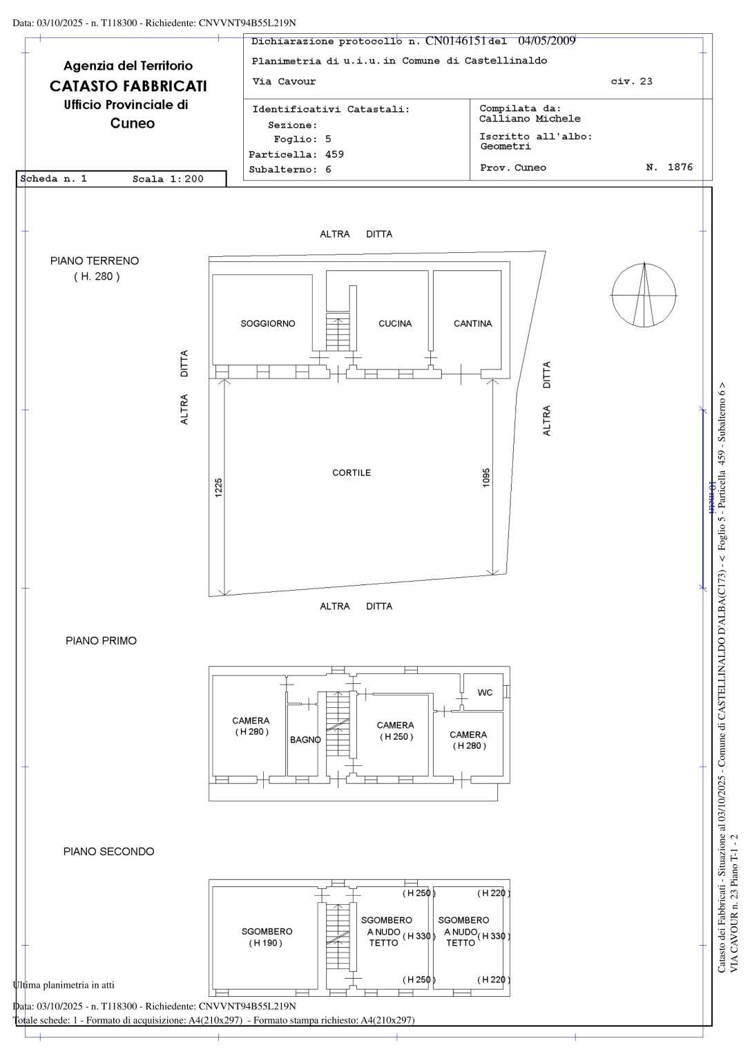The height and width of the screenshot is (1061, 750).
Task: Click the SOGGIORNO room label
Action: (267, 323)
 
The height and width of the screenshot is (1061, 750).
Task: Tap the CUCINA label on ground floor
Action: (394, 323)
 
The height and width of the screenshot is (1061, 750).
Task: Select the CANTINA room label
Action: (472, 323)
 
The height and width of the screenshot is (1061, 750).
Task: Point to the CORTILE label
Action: (352, 473)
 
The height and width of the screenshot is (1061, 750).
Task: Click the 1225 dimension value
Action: (219, 488)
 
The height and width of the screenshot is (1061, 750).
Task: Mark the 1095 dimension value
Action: (486, 478)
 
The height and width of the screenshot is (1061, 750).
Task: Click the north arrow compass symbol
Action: (644, 295)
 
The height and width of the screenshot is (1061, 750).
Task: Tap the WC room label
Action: (485, 692)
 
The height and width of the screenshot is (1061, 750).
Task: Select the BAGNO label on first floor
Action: (305, 740)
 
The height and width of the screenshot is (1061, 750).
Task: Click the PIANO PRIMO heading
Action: (101, 641)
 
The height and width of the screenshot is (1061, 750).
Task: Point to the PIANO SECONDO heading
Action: (108, 852)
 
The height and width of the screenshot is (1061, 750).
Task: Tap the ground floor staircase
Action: (338, 334)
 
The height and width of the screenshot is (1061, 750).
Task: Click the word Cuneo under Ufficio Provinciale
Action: (133, 124)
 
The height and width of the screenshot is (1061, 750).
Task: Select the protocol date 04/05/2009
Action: (546, 41)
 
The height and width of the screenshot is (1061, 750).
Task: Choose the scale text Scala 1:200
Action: (168, 179)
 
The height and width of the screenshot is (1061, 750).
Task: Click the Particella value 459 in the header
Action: (334, 154)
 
